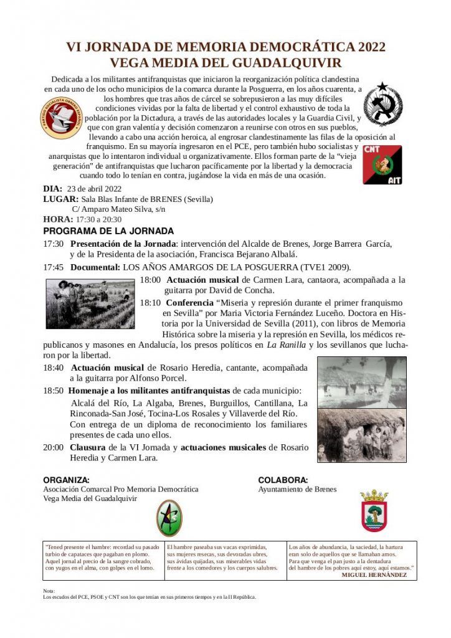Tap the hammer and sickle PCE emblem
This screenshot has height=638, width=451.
click(x=383, y=104)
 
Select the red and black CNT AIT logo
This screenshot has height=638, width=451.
click(x=382, y=164)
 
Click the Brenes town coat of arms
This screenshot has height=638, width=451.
click(x=374, y=511)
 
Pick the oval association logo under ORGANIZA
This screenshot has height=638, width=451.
click(x=169, y=518)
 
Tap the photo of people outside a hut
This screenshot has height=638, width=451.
click(x=361, y=435)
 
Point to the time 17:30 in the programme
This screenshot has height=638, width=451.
click(x=53, y=244)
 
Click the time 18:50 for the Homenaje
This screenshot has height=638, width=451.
click(x=53, y=391)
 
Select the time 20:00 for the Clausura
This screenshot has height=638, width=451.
click(x=53, y=447)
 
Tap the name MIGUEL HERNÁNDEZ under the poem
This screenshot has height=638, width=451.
click(x=374, y=575)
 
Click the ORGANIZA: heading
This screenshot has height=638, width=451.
click(x=66, y=480)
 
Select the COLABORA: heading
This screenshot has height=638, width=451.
click(x=283, y=480)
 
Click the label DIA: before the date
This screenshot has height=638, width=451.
click(x=52, y=189)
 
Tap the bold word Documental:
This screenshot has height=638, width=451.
click(x=95, y=267)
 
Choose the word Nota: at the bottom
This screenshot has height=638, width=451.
click(x=49, y=591)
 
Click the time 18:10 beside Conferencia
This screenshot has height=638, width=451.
click(x=150, y=303)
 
